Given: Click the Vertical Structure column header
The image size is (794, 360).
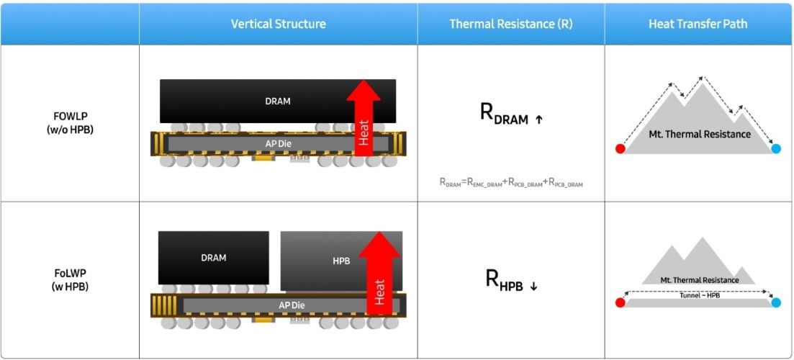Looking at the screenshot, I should (278, 24).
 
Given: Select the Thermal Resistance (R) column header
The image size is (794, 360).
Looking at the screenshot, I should (510, 24).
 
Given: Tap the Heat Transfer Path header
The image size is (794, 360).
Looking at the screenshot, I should (698, 24).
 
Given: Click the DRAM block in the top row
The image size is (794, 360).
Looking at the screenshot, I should (277, 101).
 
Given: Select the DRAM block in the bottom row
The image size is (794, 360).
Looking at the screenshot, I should (213, 258).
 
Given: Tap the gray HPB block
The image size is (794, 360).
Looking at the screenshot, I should (341, 261).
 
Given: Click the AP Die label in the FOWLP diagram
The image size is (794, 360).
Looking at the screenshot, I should (277, 143).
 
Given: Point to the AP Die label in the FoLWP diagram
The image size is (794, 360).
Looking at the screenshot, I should (292, 305).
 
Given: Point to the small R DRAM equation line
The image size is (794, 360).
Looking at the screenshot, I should (510, 183).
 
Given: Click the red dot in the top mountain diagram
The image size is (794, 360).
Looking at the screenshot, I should (620, 149).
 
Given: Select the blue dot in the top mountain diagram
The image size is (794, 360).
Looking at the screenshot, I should (776, 149).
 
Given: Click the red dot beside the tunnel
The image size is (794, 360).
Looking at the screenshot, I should (620, 302).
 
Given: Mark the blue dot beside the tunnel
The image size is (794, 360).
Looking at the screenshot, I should (776, 302).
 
